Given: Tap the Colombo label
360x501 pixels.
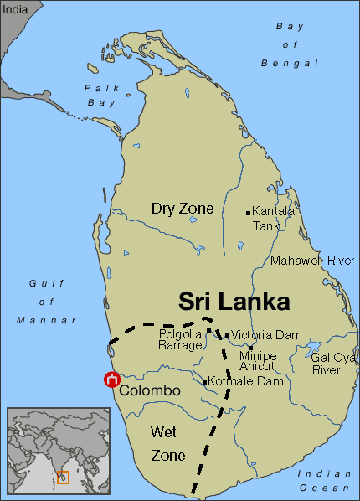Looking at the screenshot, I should (150, 391).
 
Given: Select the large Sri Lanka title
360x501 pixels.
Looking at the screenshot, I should (234, 302).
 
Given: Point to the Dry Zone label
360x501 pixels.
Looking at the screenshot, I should (182, 208).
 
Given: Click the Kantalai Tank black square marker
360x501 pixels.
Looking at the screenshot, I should (248, 213).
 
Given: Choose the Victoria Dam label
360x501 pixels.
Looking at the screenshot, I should (266, 335).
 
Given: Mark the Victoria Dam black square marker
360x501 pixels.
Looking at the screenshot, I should (227, 336).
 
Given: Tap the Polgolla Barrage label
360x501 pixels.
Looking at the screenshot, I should (181, 339).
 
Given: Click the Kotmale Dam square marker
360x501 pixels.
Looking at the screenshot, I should (205, 383).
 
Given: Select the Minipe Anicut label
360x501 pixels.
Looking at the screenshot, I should (258, 361).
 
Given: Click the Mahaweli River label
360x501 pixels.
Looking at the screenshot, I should (312, 261).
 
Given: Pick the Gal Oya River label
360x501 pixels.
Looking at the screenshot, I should (333, 363).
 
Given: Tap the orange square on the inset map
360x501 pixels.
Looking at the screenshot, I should (63, 478).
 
